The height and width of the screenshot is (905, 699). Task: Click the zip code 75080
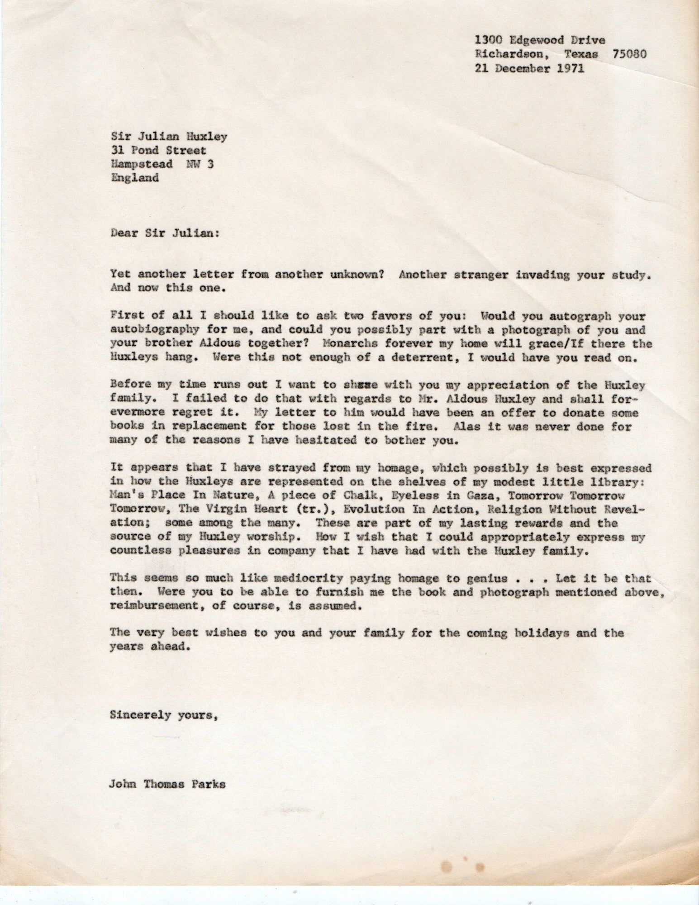(629, 54)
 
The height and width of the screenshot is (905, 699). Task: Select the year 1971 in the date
(569, 68)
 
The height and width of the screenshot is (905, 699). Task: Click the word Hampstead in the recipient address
(141, 164)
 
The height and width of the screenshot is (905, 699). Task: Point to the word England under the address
(134, 177)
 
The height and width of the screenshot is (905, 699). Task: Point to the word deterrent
(422, 357)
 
